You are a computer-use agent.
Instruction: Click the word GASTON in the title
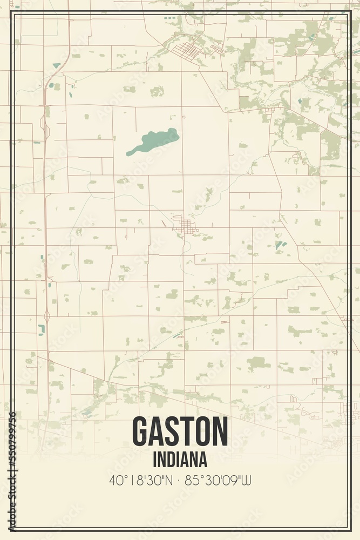[x=180, y=432]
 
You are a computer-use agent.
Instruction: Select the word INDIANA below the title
[x=180, y=460]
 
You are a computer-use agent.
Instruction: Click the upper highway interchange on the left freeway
[x=43, y=123]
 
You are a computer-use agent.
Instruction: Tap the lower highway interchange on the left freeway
[x=46, y=313]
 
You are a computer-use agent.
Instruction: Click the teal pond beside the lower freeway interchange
[x=41, y=329]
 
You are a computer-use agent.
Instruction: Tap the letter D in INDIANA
[x=171, y=460]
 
